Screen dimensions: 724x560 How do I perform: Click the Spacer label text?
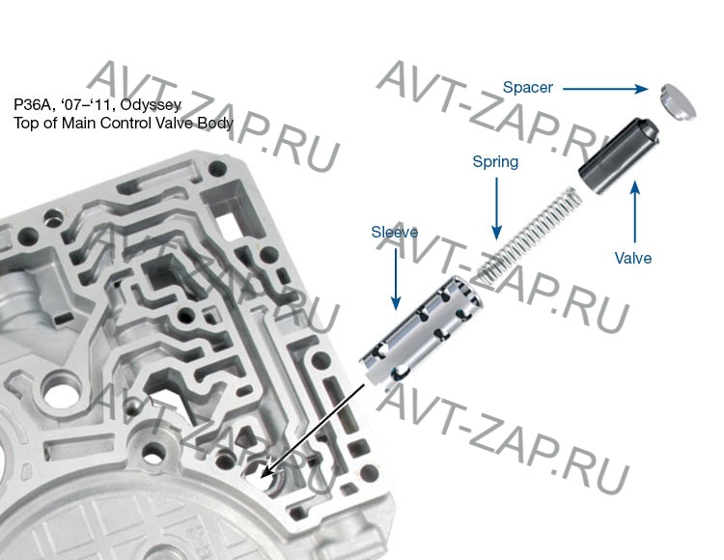[527, 88]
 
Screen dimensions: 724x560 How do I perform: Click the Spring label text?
[495, 162]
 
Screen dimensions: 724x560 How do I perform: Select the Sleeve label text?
[394, 232]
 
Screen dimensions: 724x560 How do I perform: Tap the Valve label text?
[633, 258]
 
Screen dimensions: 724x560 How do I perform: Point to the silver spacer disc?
[678, 102]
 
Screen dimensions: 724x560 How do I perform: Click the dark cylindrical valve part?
[619, 155]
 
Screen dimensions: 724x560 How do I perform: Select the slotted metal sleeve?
[420, 331]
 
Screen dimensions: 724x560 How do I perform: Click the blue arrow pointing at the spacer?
[605, 89]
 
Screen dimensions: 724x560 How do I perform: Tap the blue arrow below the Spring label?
[497, 209]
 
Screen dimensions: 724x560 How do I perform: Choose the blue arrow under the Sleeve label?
[396, 279]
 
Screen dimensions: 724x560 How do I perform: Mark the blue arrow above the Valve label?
[635, 211]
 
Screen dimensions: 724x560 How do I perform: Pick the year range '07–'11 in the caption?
[86, 105]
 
